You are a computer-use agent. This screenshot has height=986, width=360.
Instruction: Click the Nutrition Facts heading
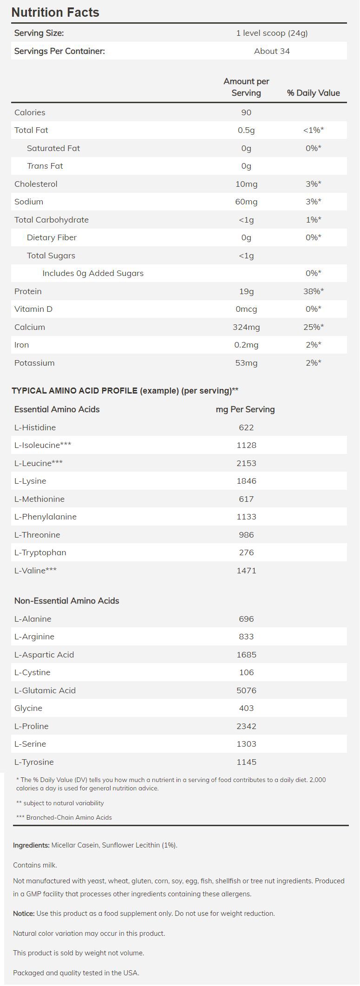point(55,12)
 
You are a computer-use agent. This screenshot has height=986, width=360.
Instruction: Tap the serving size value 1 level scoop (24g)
point(272,33)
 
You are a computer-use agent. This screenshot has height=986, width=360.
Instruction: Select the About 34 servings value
point(272,51)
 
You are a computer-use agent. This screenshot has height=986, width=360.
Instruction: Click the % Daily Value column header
point(313,93)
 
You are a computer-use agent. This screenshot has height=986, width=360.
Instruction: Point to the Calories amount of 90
point(246,112)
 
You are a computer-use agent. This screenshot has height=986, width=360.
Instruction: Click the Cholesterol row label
point(36,184)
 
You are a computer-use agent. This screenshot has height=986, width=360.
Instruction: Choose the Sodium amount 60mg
point(246,202)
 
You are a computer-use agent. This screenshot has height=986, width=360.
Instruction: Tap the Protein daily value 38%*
point(313,291)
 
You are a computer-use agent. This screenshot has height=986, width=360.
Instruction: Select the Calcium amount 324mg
point(246,327)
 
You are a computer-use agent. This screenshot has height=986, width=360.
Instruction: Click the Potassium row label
point(34,363)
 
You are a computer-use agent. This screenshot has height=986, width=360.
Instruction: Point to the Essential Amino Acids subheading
point(57,409)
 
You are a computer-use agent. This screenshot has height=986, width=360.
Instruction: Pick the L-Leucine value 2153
point(246,463)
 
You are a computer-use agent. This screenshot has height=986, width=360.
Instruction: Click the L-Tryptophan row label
point(40,552)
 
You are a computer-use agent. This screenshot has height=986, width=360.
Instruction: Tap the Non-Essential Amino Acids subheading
point(66,601)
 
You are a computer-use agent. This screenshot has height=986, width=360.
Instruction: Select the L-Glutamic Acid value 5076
point(246,690)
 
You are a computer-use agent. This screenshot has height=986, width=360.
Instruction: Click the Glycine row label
point(28,708)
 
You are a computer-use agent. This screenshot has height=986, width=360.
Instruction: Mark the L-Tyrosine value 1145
point(246,762)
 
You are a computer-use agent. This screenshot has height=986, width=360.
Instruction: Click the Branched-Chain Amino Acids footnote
point(64,817)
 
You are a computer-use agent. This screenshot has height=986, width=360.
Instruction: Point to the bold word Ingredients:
point(31,845)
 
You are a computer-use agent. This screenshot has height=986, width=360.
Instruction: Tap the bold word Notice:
point(24,913)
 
